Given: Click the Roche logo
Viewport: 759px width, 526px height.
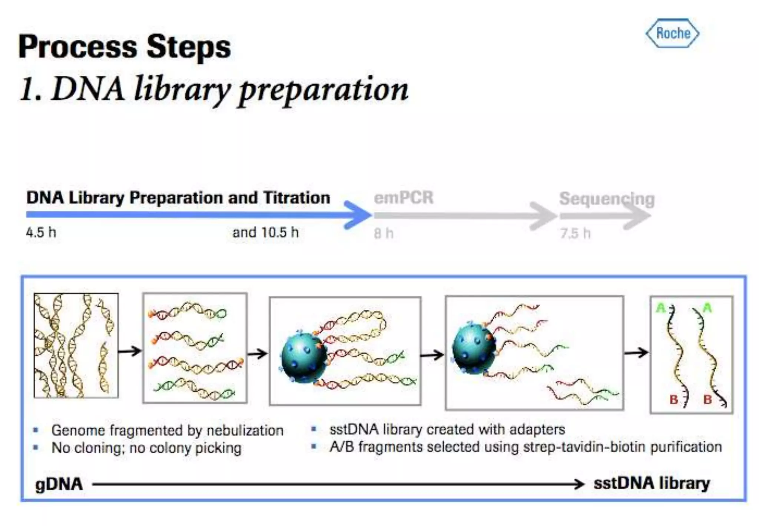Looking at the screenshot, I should coord(672,33).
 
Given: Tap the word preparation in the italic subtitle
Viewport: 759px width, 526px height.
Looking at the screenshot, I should coord(323,90).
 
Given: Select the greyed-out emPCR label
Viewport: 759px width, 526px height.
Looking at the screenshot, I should coord(403,198).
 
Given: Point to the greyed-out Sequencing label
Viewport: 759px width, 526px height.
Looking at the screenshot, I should coord(607,199).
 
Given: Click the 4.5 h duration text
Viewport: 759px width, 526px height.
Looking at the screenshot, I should coord(41,233).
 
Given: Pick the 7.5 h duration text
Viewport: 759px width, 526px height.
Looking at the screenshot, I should coord(575,233).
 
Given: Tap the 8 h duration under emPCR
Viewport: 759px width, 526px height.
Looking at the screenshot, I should coord(383,233).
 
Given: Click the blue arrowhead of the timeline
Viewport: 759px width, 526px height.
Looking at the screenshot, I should coord(357,215).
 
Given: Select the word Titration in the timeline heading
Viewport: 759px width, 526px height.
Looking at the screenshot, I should coord(296,198).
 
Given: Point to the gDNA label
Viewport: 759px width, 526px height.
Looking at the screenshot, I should coord(59,484).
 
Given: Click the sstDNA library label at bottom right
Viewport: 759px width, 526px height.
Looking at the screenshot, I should coord(652,483).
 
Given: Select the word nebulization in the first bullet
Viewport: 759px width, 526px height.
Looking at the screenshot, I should coord(245,431).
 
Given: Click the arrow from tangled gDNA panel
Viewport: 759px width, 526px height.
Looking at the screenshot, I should coord(130,351).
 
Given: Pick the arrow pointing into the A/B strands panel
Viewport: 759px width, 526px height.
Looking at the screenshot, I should coord(636,352).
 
